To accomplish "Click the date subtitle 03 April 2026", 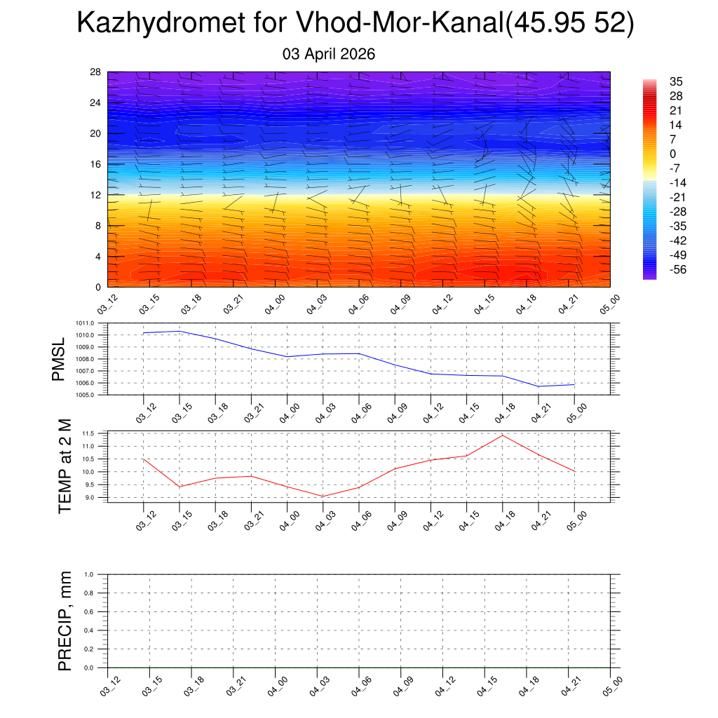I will point(329,54).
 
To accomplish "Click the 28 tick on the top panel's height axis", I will point(96,72).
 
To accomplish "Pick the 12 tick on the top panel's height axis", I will point(96,195).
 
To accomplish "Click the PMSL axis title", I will point(59,359).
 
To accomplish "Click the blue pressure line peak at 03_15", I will point(179,331).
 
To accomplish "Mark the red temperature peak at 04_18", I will point(502,435).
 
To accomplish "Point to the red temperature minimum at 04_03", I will point(323,496).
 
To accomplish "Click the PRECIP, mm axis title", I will point(65,621).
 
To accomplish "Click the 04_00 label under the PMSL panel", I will point(287,409).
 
